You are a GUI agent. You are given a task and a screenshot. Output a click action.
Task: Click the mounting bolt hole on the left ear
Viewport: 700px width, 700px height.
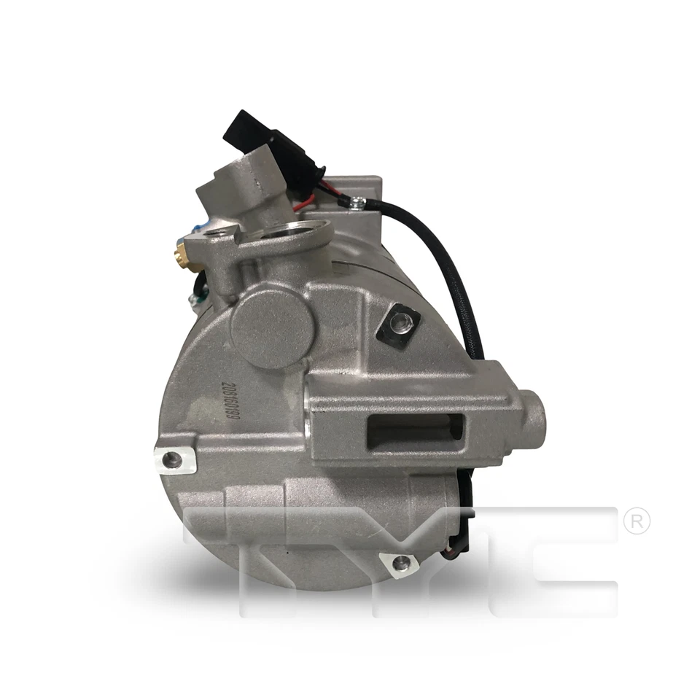click(x=173, y=459)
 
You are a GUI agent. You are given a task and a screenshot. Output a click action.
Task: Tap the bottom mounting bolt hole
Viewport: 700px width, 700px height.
click(x=401, y=562)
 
